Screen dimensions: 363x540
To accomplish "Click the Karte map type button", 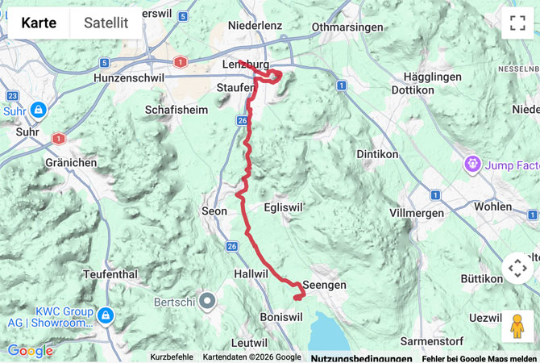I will (x=39, y=23).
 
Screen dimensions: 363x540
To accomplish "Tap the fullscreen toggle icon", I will (x=517, y=23).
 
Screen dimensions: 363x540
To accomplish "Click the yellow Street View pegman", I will (x=517, y=325).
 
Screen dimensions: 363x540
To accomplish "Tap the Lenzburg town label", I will (x=245, y=65).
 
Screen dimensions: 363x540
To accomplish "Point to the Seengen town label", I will (x=324, y=286).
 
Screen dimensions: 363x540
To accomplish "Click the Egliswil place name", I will (x=284, y=207).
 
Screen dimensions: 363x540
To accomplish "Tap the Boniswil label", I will (x=281, y=317).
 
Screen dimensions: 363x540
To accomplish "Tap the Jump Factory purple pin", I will (x=471, y=165).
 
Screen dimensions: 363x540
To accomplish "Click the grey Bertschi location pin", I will (x=208, y=302).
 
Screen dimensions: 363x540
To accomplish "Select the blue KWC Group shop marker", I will (x=106, y=314).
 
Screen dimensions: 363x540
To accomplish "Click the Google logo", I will (x=30, y=351).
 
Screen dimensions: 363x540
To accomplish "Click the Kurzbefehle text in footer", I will (x=172, y=357).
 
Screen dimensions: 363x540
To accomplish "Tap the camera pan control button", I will (x=517, y=268).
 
